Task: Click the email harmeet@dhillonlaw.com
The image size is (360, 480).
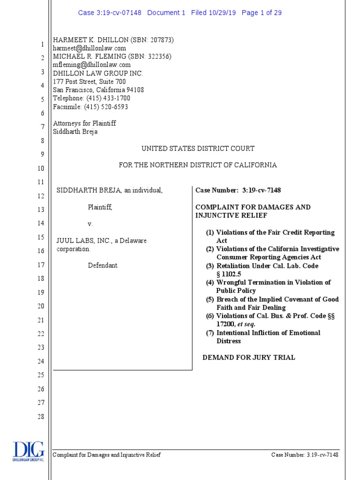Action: tap(90, 48)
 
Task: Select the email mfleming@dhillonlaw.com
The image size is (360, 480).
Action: tap(92, 65)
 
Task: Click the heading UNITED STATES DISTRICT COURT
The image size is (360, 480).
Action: tap(198, 149)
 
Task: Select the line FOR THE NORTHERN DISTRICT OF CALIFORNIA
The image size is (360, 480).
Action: tap(198, 165)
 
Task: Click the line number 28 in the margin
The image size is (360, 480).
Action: tap(41, 417)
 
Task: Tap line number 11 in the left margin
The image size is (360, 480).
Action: tap(41, 182)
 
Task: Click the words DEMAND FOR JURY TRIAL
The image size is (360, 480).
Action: tap(248, 358)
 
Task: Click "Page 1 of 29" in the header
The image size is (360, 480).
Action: tap(262, 13)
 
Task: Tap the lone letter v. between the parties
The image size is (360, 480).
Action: tap(90, 224)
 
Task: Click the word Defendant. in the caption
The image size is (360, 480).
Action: tap(103, 266)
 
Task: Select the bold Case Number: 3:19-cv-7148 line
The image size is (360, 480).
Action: tap(238, 190)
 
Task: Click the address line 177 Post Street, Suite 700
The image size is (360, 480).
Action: tap(90, 82)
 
